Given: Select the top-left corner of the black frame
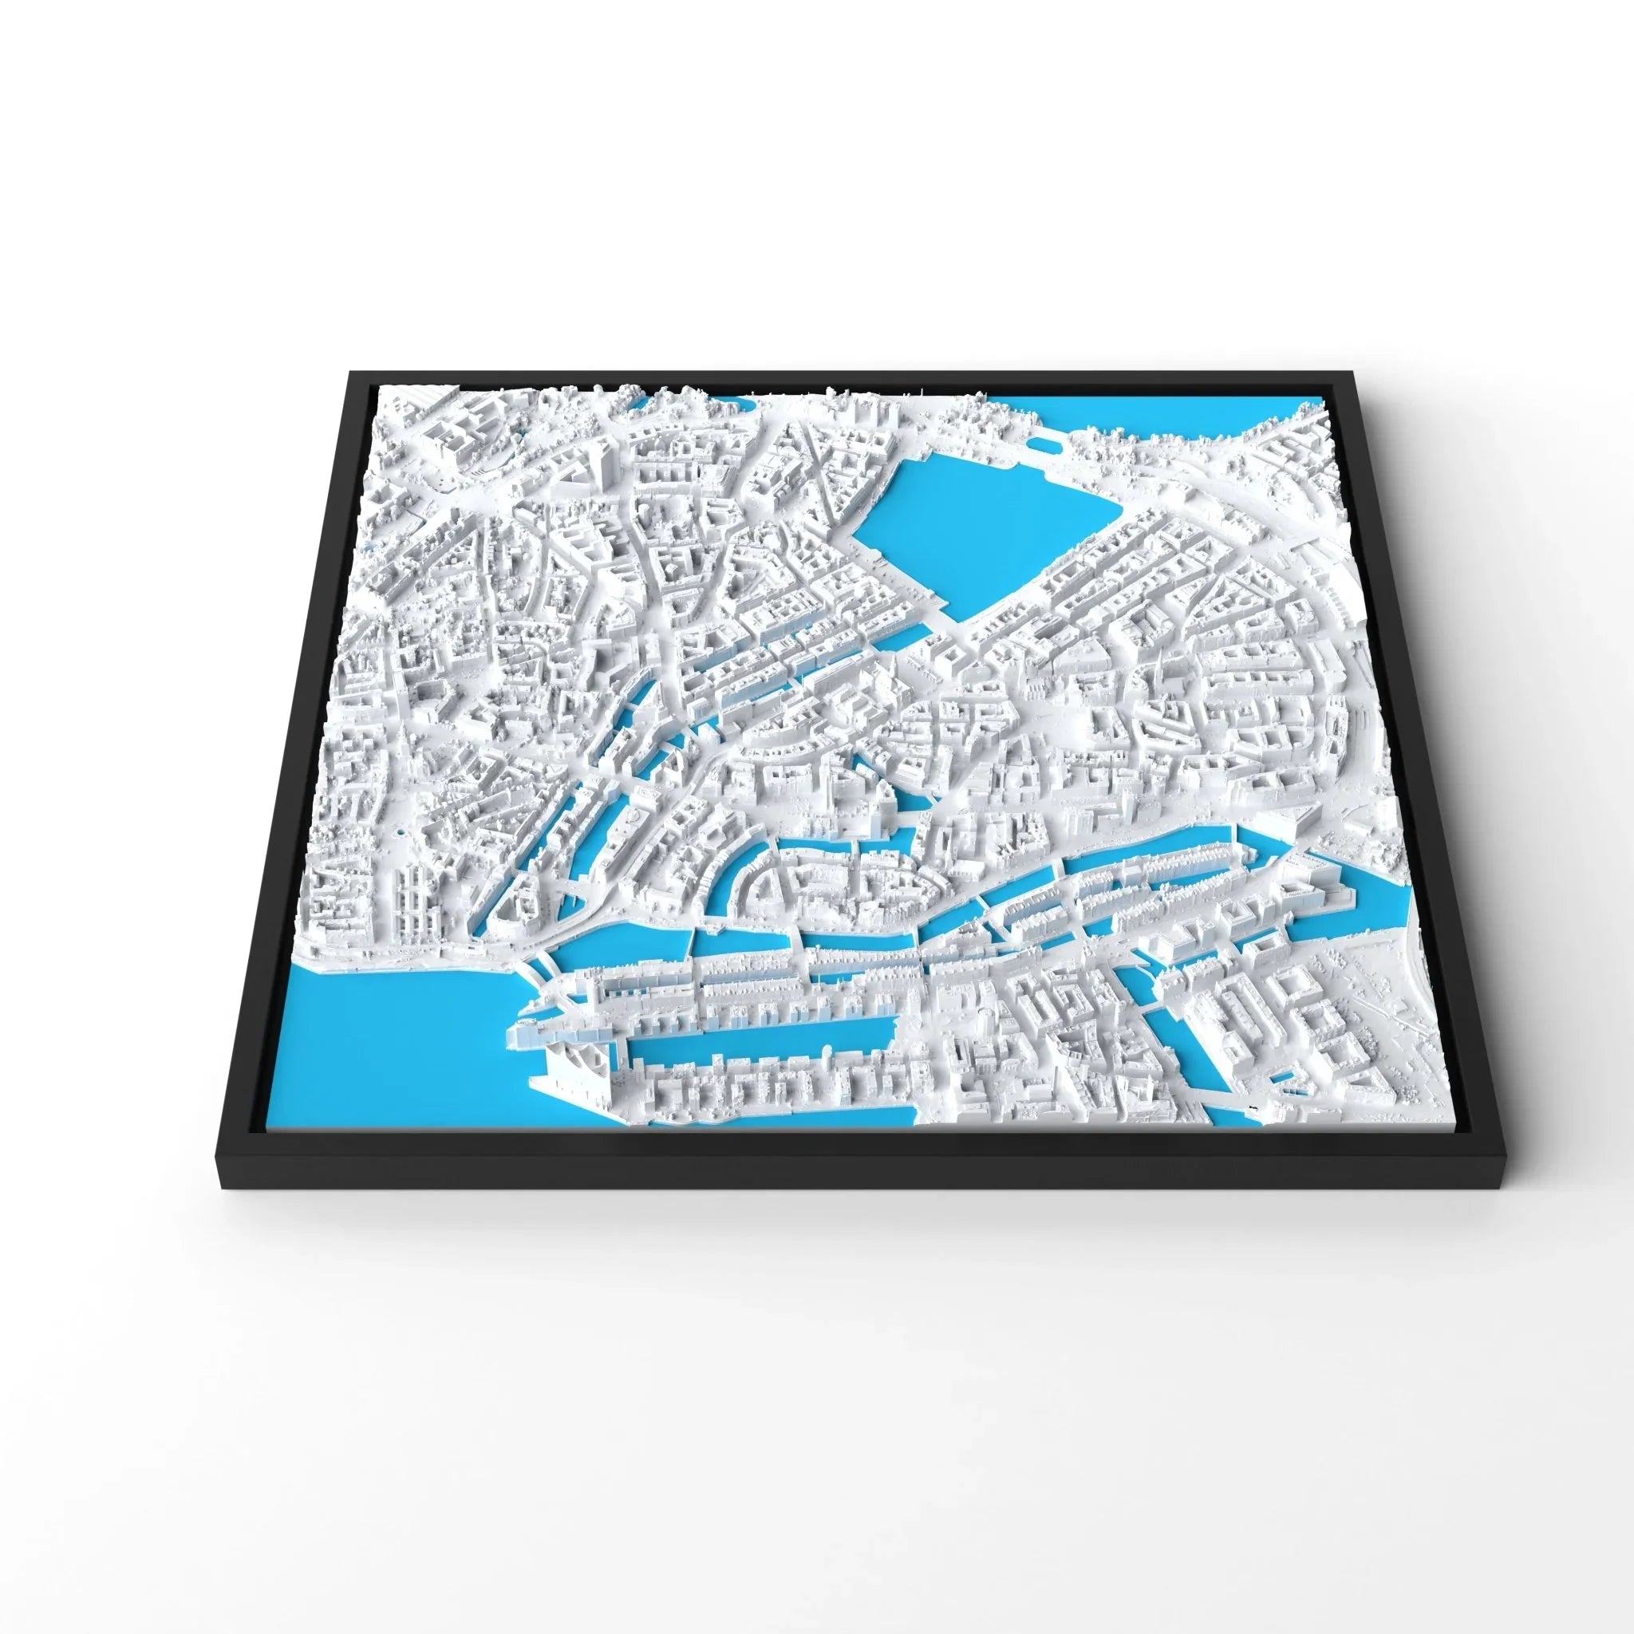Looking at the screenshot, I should pyautogui.click(x=350, y=369).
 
